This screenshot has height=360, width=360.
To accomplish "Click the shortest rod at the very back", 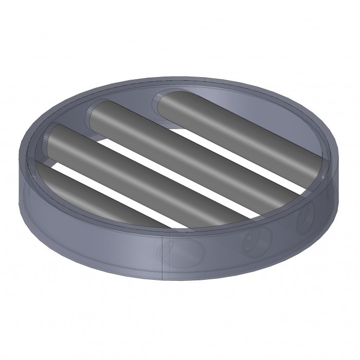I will [x=237, y=123].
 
